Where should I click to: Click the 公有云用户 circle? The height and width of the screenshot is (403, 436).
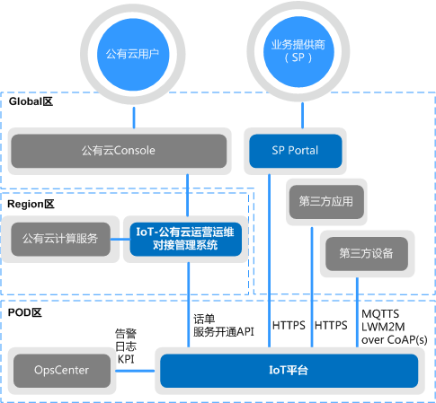coord(132,53)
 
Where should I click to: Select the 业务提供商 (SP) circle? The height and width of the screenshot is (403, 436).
coord(295,52)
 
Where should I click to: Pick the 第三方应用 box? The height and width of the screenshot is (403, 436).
coord(325,203)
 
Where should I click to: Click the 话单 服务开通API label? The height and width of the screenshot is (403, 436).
coord(224,325)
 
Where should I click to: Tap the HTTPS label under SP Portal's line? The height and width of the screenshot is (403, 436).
coord(288,326)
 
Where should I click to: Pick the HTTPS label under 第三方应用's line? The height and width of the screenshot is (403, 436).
coord(332,326)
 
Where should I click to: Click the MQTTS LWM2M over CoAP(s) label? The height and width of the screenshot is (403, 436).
coord(392,327)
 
